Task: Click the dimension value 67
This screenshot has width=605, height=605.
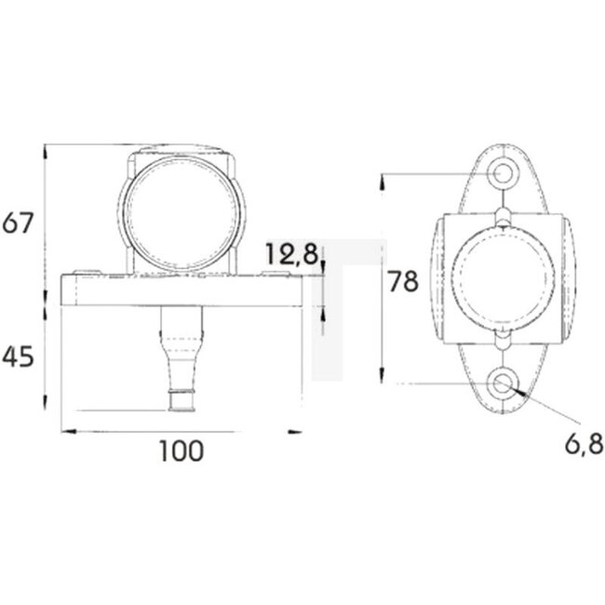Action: pyautogui.click(x=19, y=223)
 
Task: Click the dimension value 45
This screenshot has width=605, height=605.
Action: pyautogui.click(x=19, y=356)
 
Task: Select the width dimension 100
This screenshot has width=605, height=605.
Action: pyautogui.click(x=181, y=451)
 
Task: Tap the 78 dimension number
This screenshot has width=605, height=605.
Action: pyautogui.click(x=403, y=281)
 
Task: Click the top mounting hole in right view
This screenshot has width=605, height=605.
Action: pyautogui.click(x=503, y=172)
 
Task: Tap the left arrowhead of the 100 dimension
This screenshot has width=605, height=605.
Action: pyautogui.click(x=65, y=432)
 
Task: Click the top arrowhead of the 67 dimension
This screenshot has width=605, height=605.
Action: pyautogui.click(x=46, y=150)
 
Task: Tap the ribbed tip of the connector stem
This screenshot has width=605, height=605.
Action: pyautogui.click(x=181, y=400)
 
